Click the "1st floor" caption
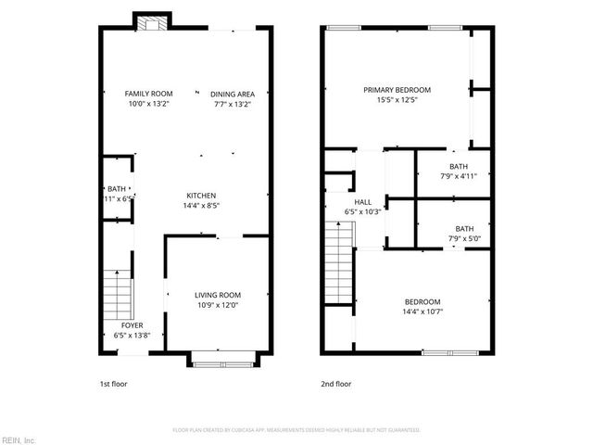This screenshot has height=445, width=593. point(114,383)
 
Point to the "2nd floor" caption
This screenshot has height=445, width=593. point(335,383)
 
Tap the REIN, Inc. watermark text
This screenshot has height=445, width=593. point(19,439)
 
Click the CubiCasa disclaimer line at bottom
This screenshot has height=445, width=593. point(296,430)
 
